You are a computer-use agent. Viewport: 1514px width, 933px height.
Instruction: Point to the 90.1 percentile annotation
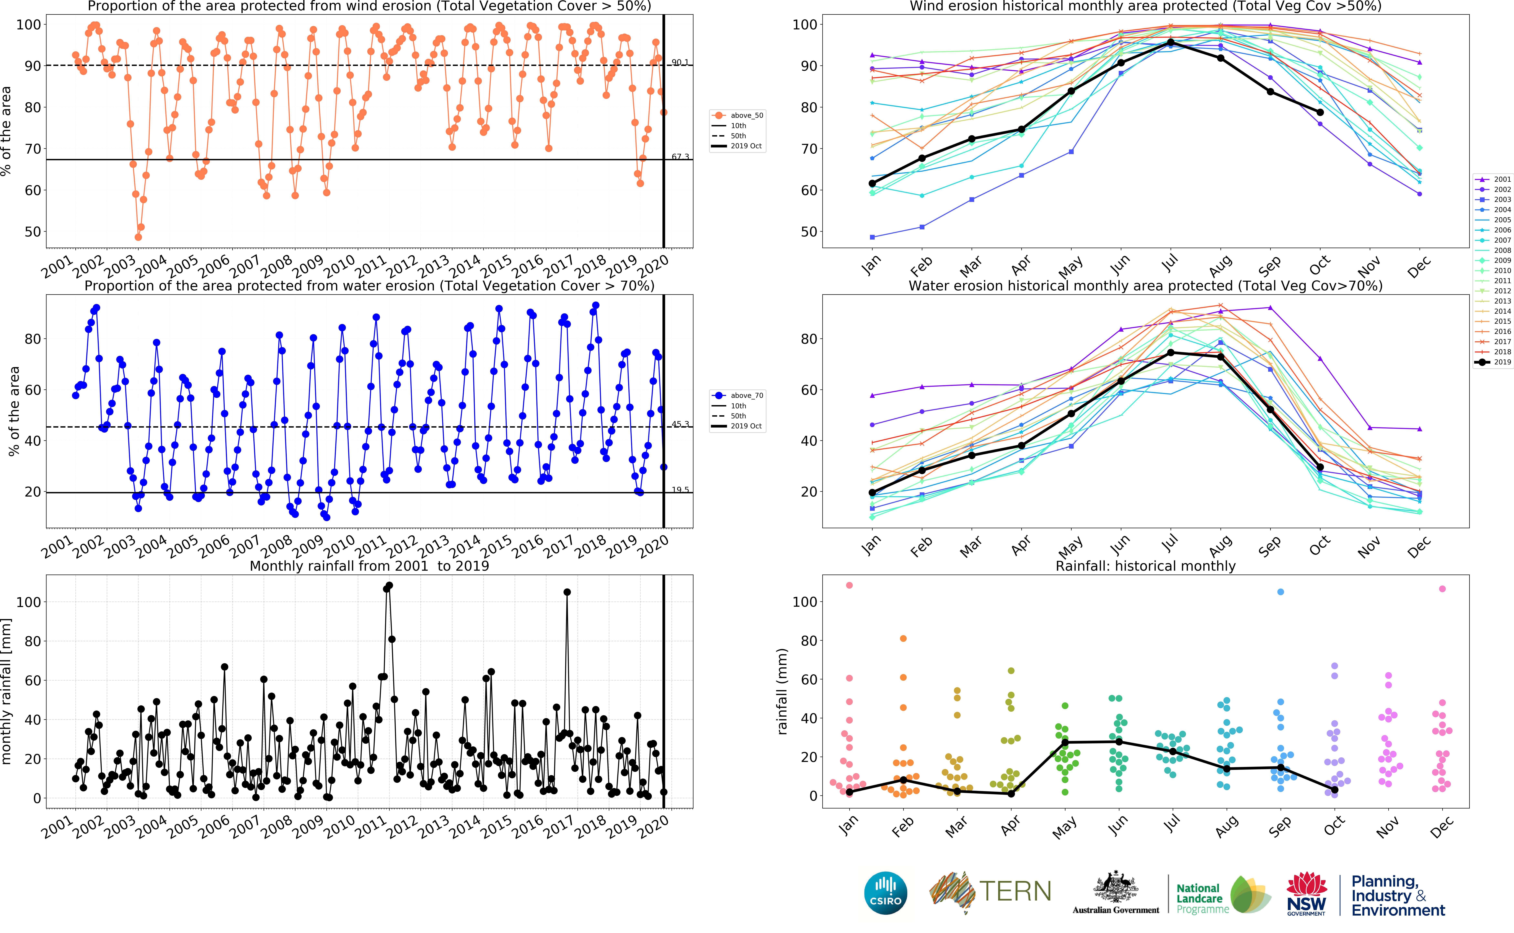[680, 62]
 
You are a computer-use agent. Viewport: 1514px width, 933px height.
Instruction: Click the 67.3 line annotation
[680, 157]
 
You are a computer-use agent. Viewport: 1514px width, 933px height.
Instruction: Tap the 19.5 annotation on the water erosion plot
[680, 490]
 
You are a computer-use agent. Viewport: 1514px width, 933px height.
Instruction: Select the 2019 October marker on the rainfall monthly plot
[1335, 789]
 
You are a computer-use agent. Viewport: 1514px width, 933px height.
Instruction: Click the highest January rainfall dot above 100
[849, 585]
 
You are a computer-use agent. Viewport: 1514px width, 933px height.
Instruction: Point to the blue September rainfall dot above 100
[1281, 592]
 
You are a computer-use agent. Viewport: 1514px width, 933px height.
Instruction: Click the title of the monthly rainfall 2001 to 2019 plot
[369, 566]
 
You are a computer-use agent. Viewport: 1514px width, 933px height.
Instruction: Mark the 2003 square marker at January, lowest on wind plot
[872, 237]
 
